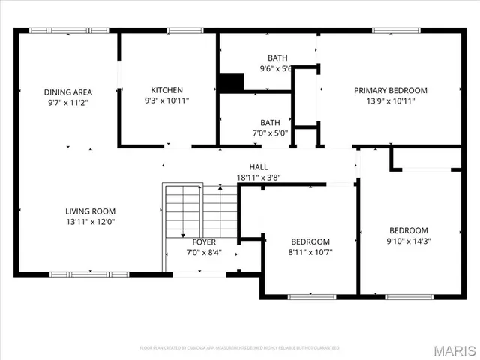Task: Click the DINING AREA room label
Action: click(x=67, y=92)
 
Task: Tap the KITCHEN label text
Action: click(x=166, y=90)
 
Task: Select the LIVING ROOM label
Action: click(x=90, y=211)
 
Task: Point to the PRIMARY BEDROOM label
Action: click(x=391, y=90)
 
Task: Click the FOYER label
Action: click(x=204, y=242)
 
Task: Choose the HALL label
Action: click(x=259, y=167)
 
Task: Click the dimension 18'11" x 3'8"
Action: click(x=259, y=178)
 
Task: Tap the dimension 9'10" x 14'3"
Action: click(x=408, y=241)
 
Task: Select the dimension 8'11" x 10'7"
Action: click(x=310, y=252)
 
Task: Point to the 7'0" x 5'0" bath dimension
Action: click(x=269, y=133)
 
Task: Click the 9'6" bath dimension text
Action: click(x=275, y=68)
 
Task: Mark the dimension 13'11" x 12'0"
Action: click(x=90, y=222)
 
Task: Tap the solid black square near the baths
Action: click(x=231, y=82)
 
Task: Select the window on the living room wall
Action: click(x=78, y=274)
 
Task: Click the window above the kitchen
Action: click(x=180, y=31)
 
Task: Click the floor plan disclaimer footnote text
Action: click(x=239, y=348)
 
